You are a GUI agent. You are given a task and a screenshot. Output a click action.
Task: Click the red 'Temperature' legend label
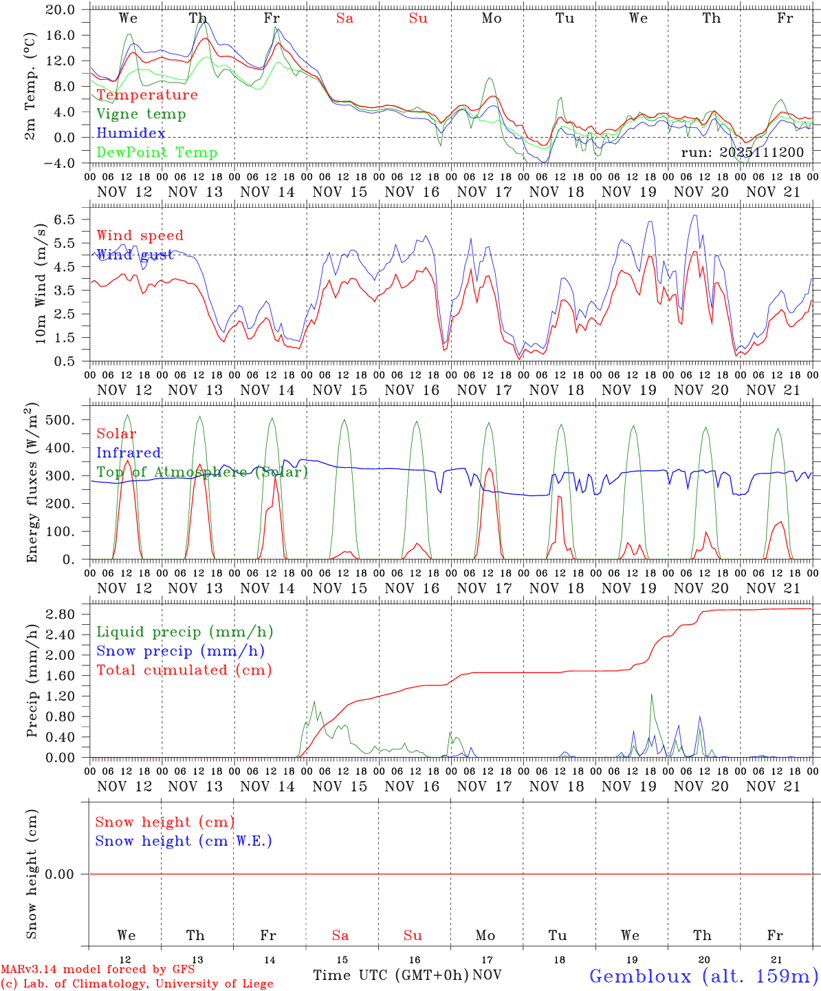pos(147,95)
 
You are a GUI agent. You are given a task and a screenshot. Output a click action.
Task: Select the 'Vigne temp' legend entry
pos(141,114)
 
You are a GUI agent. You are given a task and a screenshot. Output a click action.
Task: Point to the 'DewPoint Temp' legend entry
pos(157,152)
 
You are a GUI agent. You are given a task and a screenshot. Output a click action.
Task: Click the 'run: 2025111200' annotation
pos(742,152)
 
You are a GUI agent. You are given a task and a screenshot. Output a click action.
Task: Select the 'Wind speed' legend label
pos(140,235)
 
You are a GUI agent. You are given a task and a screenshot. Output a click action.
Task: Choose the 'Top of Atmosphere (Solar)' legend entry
pos(201,472)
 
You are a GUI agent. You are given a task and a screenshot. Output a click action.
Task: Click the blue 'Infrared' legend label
pos(129,453)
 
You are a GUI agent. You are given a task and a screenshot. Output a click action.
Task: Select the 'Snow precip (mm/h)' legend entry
pos(180,651)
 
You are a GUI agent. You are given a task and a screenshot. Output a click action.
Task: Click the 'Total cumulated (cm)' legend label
pos(184,670)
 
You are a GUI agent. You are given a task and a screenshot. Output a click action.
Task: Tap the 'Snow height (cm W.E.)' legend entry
pos(184,841)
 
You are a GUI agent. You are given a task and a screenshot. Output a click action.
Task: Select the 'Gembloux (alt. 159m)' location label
pos(703,976)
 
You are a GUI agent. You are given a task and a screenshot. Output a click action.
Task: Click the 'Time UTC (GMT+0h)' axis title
pos(391,975)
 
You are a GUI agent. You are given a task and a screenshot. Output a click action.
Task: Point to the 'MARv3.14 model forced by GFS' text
pos(98,970)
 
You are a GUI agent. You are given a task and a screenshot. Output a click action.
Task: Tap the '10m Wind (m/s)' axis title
pos(41,288)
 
